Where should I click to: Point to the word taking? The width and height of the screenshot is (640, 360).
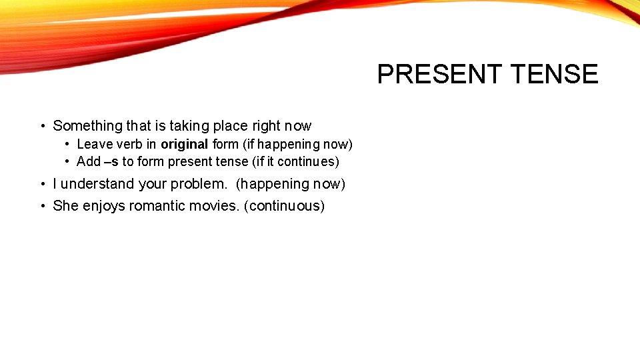coord(191,126)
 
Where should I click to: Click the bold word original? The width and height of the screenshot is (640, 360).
coord(185,144)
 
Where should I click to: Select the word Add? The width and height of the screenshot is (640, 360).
coord(89,162)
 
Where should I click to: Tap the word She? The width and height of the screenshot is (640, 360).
coord(65,206)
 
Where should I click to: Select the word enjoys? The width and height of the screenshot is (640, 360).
coord(104,206)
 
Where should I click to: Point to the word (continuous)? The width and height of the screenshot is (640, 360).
coord(285,206)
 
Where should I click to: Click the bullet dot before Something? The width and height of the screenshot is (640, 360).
coord(42,126)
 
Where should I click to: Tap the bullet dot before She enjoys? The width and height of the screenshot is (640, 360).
coord(42,206)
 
